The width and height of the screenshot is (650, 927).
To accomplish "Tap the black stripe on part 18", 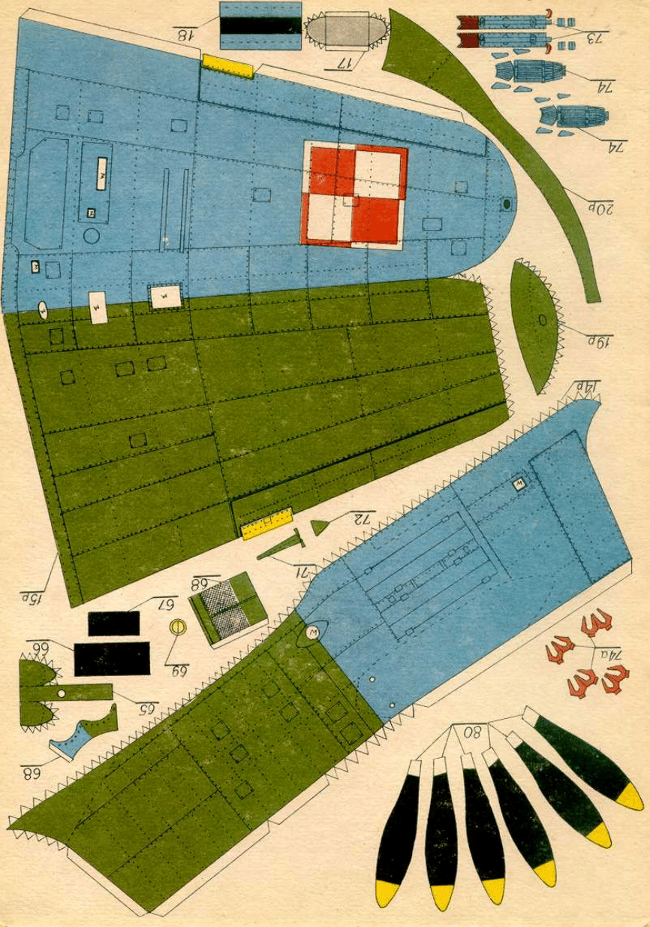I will pos(260,26).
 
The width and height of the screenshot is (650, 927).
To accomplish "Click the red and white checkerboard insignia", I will pos(354,195).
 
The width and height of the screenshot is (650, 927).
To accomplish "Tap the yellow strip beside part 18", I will pos(225,66).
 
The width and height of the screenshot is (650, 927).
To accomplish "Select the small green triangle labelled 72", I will pos(320,525).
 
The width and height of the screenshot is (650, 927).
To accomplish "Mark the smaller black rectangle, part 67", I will pos(114,624).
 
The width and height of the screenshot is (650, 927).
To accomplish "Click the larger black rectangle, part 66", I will pos(112,659).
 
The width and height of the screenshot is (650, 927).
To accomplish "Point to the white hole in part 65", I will pos(62,692).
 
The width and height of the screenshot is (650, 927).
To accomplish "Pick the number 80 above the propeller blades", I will pos(474,731).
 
